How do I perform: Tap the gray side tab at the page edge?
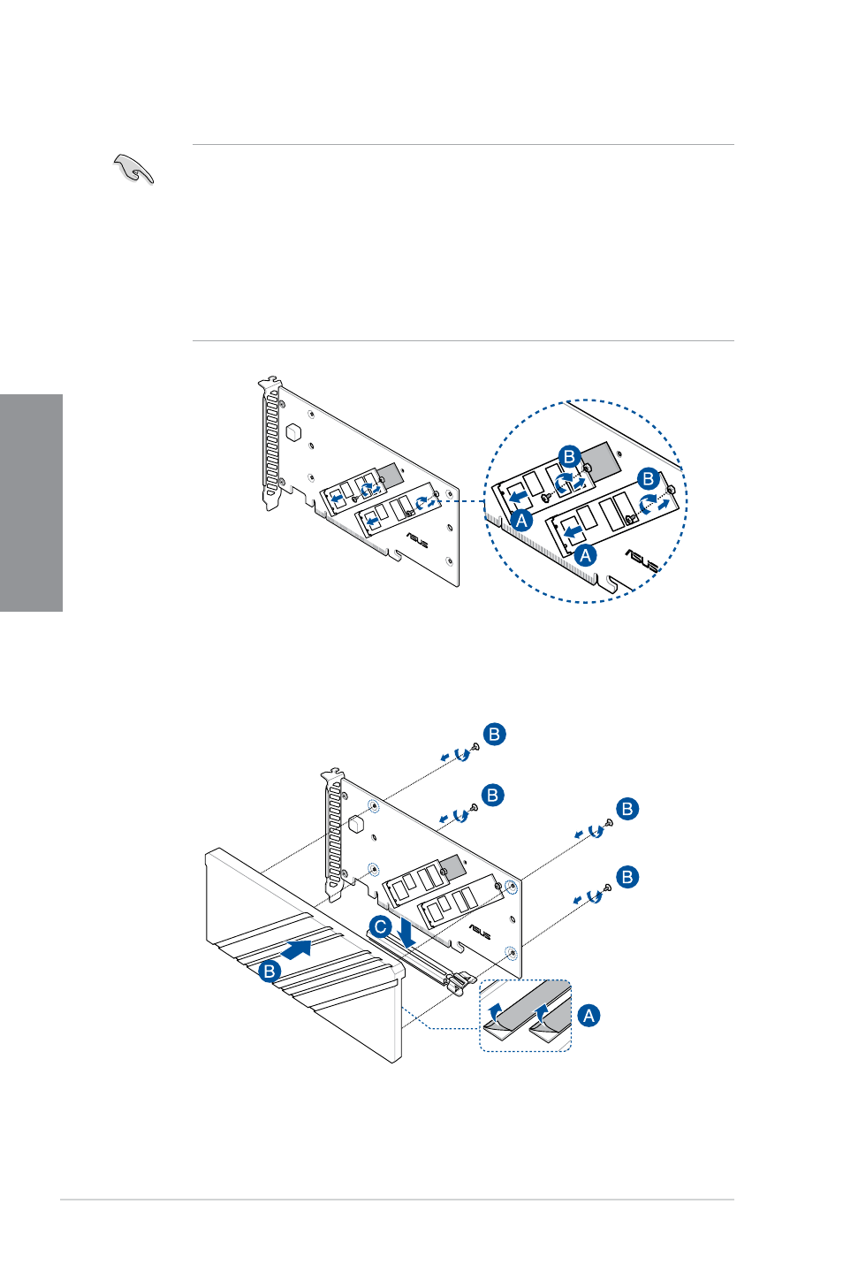coord(31,502)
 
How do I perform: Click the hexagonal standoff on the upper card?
coord(293,432)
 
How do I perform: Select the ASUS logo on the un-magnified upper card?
coord(417,539)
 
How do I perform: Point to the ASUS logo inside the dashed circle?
coord(642,560)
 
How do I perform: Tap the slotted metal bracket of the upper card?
coord(270,446)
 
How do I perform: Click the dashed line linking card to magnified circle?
coord(461,501)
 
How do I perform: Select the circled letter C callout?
coord(381,926)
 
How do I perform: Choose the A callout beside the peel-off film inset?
coord(589,1016)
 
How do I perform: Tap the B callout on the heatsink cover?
coord(269,971)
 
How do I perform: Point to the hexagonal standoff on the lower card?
coord(356,823)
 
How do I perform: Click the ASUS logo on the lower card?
coord(480,932)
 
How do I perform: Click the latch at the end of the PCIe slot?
coord(460,983)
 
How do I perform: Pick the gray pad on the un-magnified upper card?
coord(390,475)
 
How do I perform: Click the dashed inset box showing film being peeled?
coord(526,1016)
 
